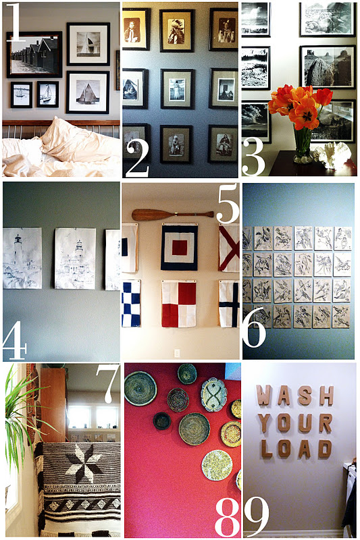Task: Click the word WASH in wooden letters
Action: pos(294,396)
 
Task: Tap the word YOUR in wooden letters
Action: pos(294,423)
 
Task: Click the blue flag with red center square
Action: pos(179,247)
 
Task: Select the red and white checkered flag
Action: pos(178,303)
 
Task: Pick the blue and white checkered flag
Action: pos(130,304)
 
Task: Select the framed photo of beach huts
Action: pos(34,55)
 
